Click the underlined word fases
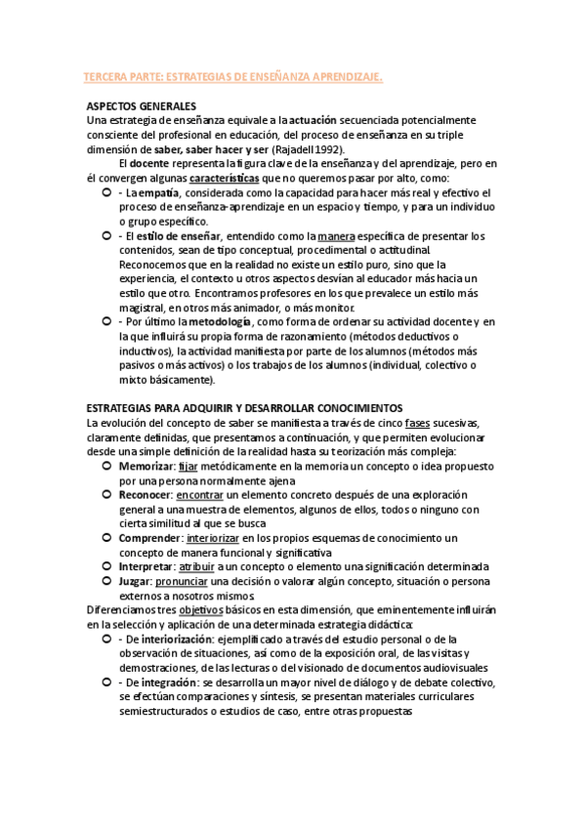point(418,422)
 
